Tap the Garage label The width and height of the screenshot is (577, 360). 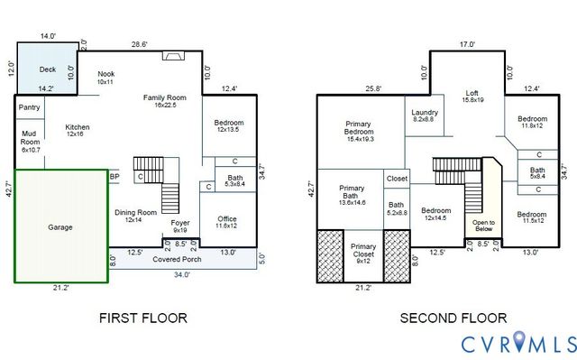60,227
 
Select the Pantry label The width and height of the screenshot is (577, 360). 29,107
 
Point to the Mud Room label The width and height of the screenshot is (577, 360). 30,140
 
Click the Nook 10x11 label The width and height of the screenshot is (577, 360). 105,78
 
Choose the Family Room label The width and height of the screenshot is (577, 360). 164,101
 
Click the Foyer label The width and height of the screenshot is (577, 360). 180,226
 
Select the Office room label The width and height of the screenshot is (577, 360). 226,222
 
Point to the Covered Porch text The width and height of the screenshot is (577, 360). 177,259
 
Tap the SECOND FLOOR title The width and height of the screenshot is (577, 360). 454,318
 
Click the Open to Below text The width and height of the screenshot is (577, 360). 484,226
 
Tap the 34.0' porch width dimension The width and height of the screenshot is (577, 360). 181,275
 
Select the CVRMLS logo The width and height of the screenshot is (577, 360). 518,344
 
